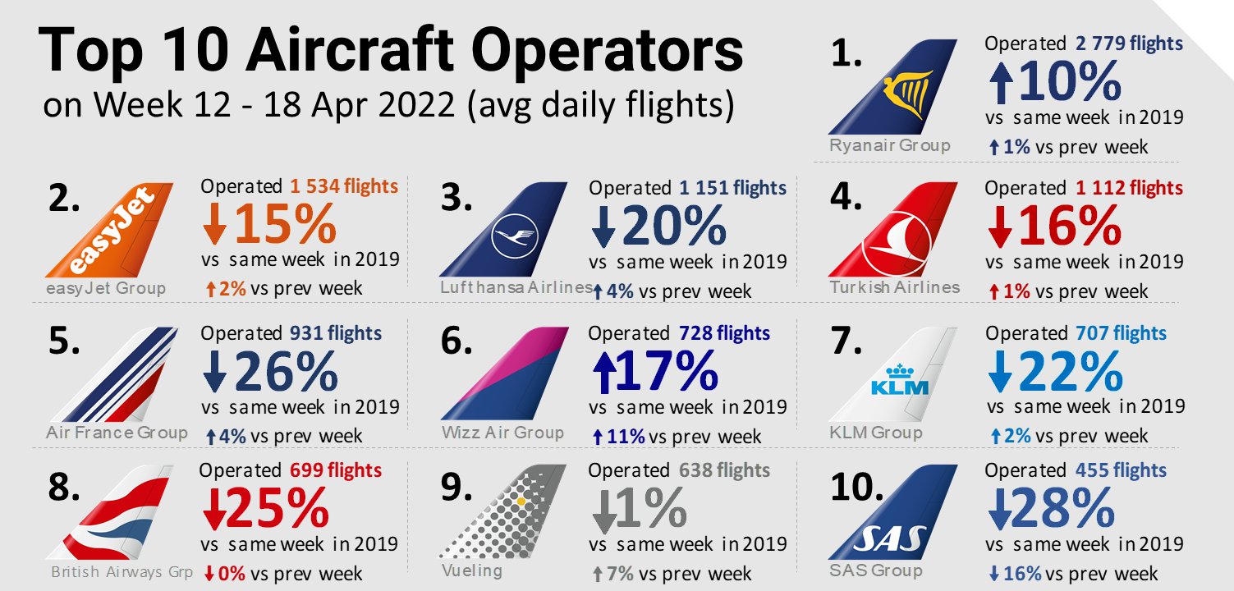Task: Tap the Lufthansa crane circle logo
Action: point(513,238)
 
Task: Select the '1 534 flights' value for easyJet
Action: point(344,187)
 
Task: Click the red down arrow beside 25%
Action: point(213,511)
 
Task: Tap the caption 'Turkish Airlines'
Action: point(894,287)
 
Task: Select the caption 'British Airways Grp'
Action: point(122,572)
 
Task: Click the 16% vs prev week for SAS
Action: point(1021,573)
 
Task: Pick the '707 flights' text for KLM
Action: point(1120,333)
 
